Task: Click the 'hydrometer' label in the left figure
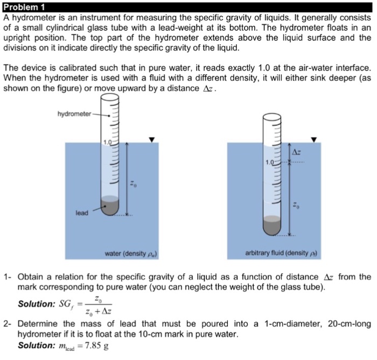point(75,114)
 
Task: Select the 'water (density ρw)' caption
point(131,253)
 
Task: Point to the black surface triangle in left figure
point(152,140)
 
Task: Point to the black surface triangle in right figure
point(314,140)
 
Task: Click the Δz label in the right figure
point(296,152)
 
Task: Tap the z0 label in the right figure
point(295,206)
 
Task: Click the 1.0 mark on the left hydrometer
point(107,142)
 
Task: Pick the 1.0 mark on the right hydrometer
point(269,162)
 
